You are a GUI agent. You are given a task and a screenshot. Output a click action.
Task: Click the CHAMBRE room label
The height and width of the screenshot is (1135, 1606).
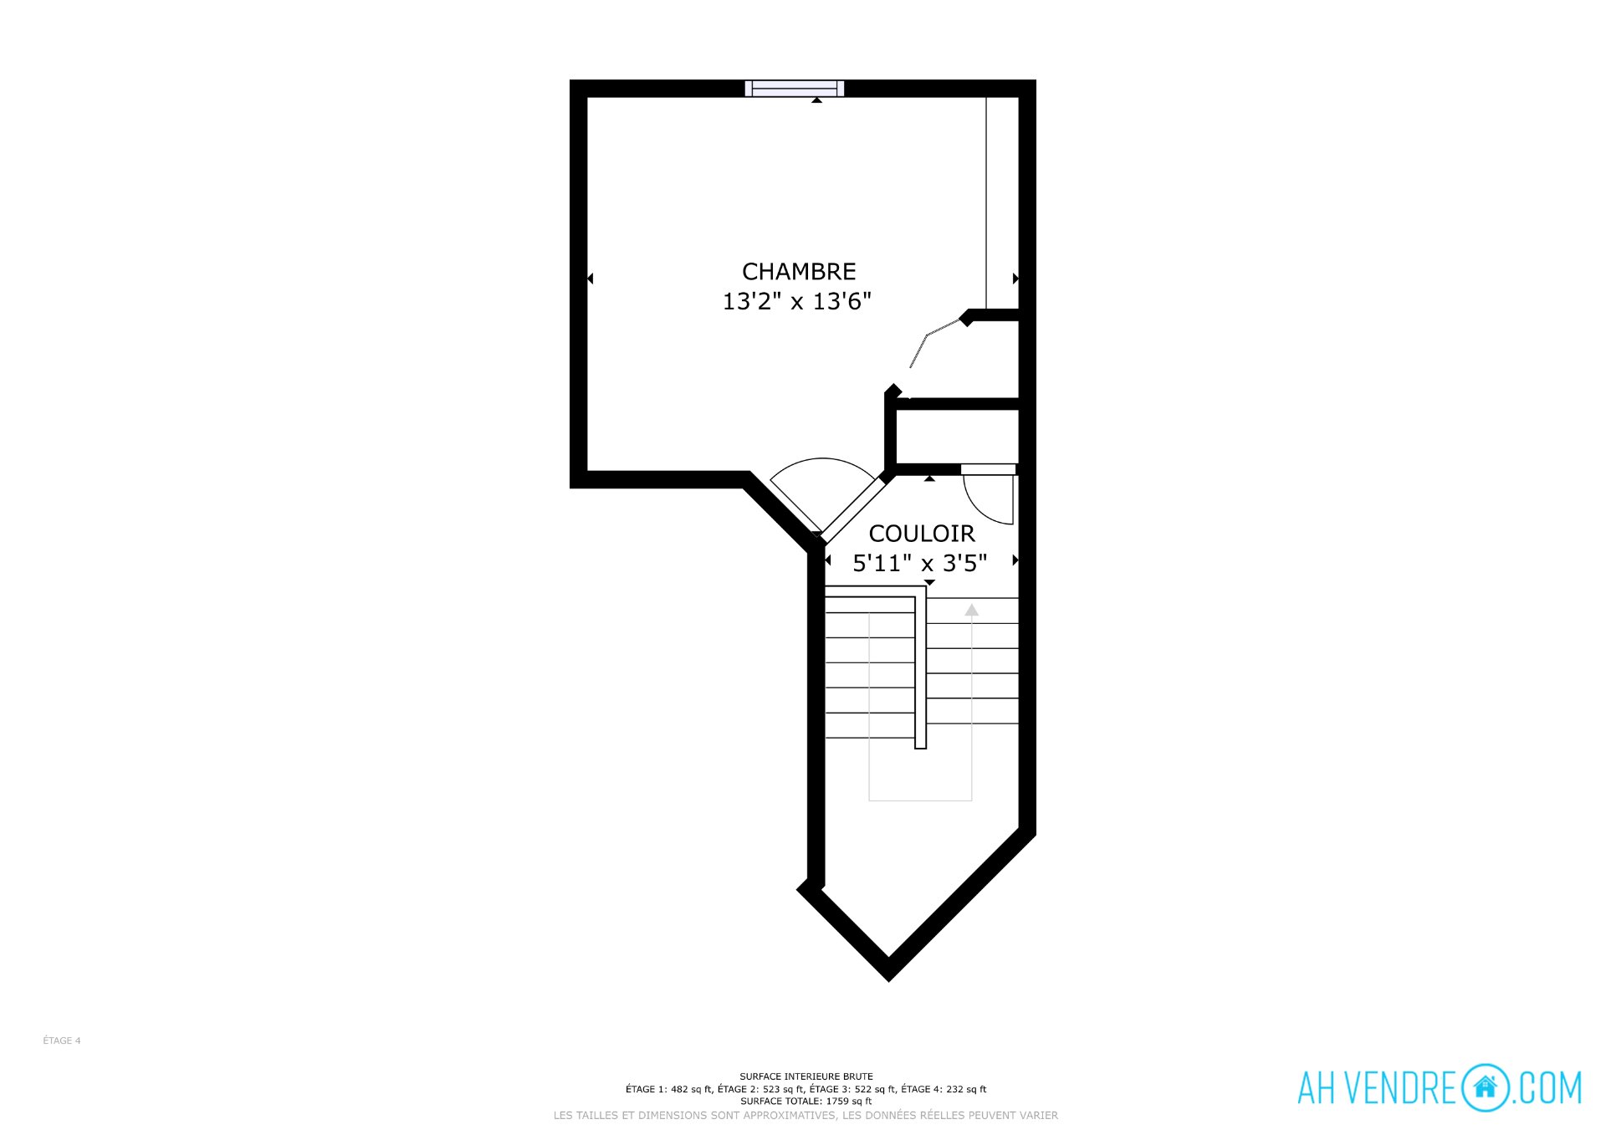(x=799, y=272)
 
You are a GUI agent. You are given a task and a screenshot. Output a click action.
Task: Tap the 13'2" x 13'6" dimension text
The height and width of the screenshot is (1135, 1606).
(x=797, y=301)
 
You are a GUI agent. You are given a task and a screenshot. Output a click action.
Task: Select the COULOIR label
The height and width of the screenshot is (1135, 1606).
(x=922, y=534)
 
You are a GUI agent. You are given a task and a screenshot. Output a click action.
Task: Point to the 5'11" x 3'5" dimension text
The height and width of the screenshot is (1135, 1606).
(x=920, y=563)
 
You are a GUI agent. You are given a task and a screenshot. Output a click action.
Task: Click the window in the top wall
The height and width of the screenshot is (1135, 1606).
(x=795, y=89)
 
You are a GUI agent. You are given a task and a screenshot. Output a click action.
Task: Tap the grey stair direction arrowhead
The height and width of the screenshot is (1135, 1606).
(x=971, y=611)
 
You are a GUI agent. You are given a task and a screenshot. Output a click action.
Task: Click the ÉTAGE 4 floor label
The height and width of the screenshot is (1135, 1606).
(x=62, y=1040)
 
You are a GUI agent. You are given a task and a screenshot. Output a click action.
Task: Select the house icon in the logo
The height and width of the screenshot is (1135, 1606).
(x=1486, y=1087)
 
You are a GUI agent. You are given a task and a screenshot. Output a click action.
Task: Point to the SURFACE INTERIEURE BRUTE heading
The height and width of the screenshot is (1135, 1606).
(x=806, y=1076)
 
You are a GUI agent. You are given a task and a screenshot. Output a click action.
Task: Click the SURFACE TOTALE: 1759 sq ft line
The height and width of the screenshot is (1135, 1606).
(x=806, y=1101)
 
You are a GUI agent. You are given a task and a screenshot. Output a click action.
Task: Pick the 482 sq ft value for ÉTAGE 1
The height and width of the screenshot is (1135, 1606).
(x=691, y=1089)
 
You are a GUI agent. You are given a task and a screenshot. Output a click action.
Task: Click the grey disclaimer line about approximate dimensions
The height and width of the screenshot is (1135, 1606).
(x=806, y=1115)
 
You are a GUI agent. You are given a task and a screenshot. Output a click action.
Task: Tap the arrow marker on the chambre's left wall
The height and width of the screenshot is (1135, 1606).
(x=591, y=279)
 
